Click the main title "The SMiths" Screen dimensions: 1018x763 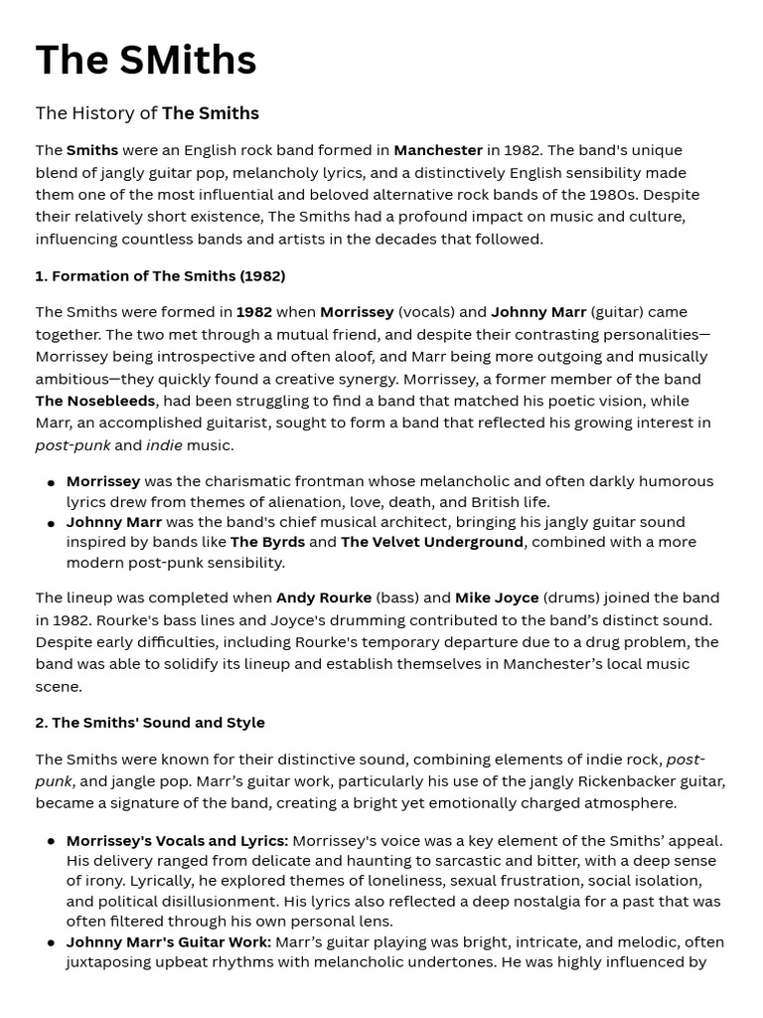tap(146, 61)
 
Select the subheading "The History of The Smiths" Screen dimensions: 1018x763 tap(147, 113)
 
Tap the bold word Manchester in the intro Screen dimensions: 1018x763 tap(438, 150)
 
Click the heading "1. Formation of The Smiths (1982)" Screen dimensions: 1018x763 tap(160, 275)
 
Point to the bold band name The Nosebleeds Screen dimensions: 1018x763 tap(95, 401)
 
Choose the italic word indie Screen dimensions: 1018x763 tap(164, 445)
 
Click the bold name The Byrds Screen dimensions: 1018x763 tap(267, 542)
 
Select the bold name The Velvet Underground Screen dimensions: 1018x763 tap(431, 542)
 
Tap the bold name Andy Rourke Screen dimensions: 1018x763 tap(324, 597)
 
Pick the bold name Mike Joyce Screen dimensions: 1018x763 tap(497, 597)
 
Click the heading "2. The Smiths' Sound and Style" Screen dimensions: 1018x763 tap(150, 723)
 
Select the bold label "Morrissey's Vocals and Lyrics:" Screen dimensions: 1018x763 tap(177, 841)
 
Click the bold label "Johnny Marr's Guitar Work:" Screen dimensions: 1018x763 tap(169, 941)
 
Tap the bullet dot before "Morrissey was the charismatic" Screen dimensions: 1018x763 tap(51, 482)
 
